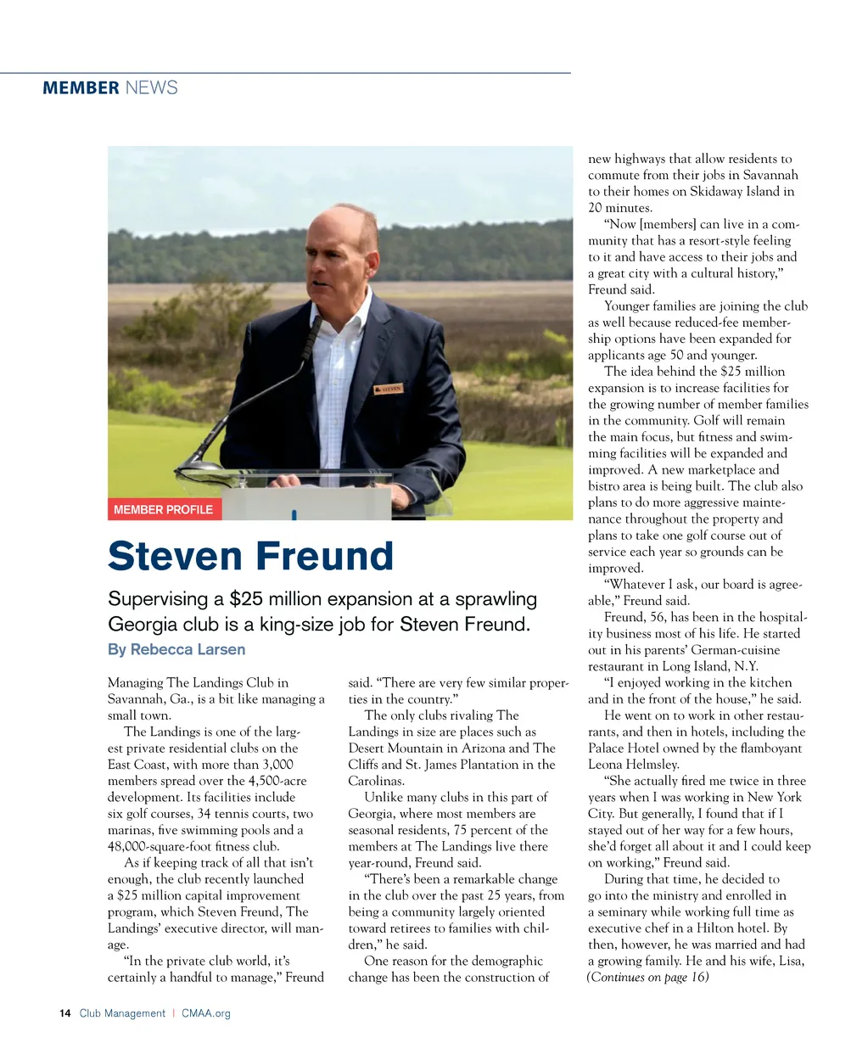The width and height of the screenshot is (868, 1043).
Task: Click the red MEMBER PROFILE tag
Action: [163, 509]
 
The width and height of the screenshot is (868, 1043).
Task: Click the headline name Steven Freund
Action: [250, 557]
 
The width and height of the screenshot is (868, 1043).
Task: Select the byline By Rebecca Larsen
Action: [176, 649]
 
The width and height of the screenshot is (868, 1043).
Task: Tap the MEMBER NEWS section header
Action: [110, 87]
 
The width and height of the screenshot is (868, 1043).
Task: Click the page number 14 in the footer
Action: [65, 1013]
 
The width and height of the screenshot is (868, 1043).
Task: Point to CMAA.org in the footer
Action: [206, 1013]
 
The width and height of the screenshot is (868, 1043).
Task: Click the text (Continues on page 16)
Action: [647, 977]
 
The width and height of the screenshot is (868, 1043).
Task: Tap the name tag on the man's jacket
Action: [387, 390]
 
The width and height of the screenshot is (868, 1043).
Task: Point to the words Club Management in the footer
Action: [123, 1013]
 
